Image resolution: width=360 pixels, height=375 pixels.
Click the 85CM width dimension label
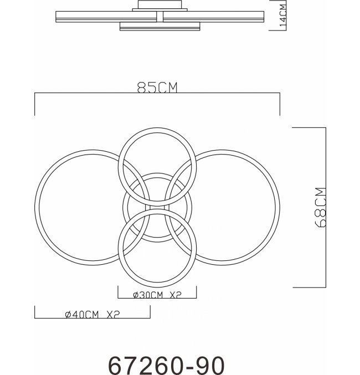click(x=157, y=88)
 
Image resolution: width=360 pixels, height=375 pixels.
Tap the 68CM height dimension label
click(x=321, y=207)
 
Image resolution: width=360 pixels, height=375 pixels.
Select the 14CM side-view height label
click(x=282, y=16)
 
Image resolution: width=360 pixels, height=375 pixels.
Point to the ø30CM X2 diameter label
click(x=157, y=295)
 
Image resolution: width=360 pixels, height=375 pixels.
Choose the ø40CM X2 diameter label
click(x=92, y=315)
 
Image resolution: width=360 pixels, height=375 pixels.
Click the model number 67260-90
click(x=167, y=365)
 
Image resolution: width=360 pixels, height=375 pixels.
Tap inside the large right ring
click(x=237, y=208)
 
